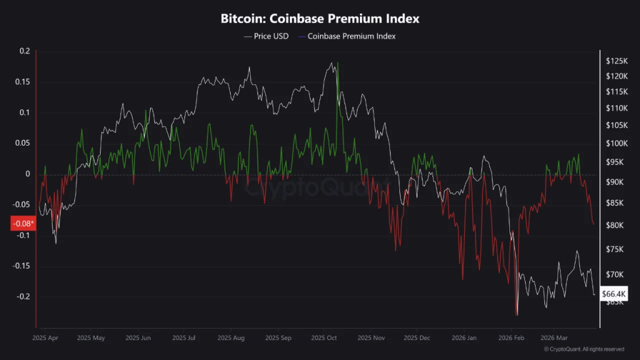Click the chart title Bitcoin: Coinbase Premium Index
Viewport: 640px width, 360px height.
click(320, 18)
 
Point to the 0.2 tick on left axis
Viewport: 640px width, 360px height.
click(24, 51)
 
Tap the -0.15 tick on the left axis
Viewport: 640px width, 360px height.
click(21, 266)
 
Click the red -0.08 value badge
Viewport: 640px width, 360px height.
click(23, 223)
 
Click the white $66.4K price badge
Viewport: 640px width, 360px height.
click(612, 293)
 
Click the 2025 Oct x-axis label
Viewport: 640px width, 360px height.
click(323, 337)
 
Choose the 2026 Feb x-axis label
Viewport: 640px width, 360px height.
click(511, 337)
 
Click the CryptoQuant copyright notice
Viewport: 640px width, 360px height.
click(584, 349)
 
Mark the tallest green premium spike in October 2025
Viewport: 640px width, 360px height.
click(337, 64)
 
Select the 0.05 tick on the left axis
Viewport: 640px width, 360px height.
click(22, 143)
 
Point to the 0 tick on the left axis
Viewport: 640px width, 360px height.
click(27, 174)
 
